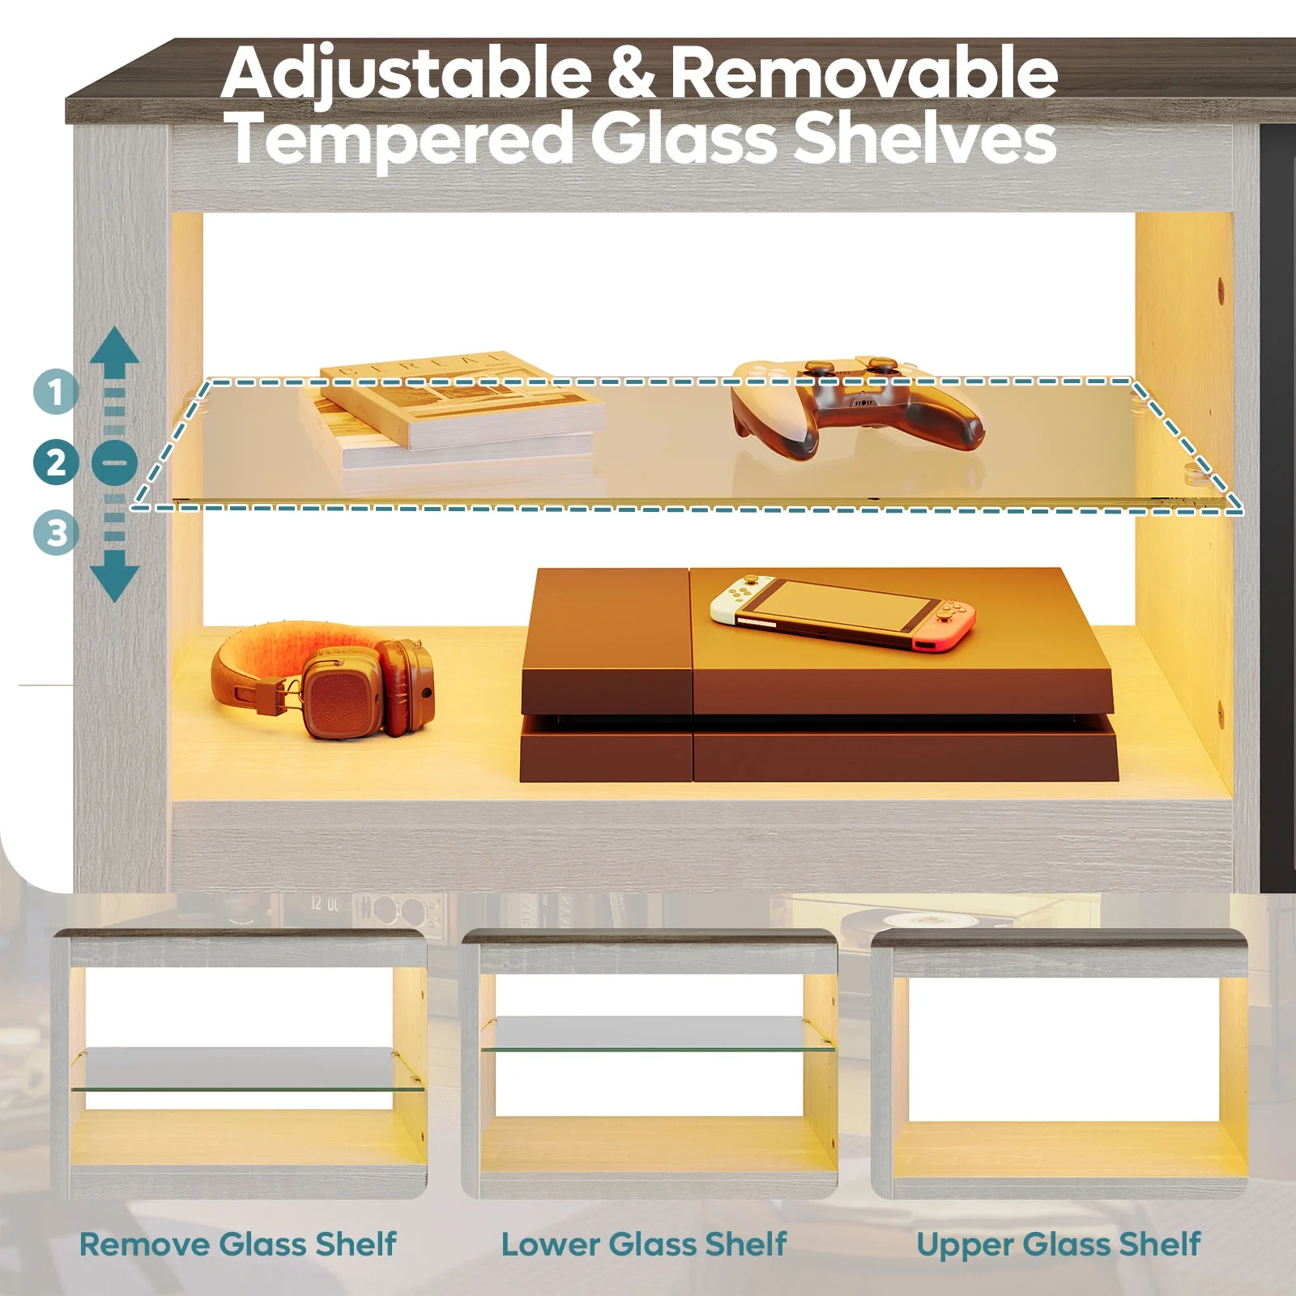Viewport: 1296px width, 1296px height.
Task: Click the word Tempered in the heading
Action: click(401, 137)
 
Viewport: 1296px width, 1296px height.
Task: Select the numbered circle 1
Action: click(56, 392)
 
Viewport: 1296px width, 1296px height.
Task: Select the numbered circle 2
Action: click(56, 463)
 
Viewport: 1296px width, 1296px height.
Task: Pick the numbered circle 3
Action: click(56, 534)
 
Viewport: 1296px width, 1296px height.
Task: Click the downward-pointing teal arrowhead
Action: click(114, 578)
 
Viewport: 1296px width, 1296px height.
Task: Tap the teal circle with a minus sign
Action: click(114, 463)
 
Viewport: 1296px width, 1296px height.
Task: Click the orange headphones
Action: click(322, 680)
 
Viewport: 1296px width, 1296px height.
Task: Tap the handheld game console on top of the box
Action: click(842, 612)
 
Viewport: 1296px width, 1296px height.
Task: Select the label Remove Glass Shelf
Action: click(238, 1244)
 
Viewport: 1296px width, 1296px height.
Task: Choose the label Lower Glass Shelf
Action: click(644, 1244)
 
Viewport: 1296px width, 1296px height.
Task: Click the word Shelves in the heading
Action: click(924, 137)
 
